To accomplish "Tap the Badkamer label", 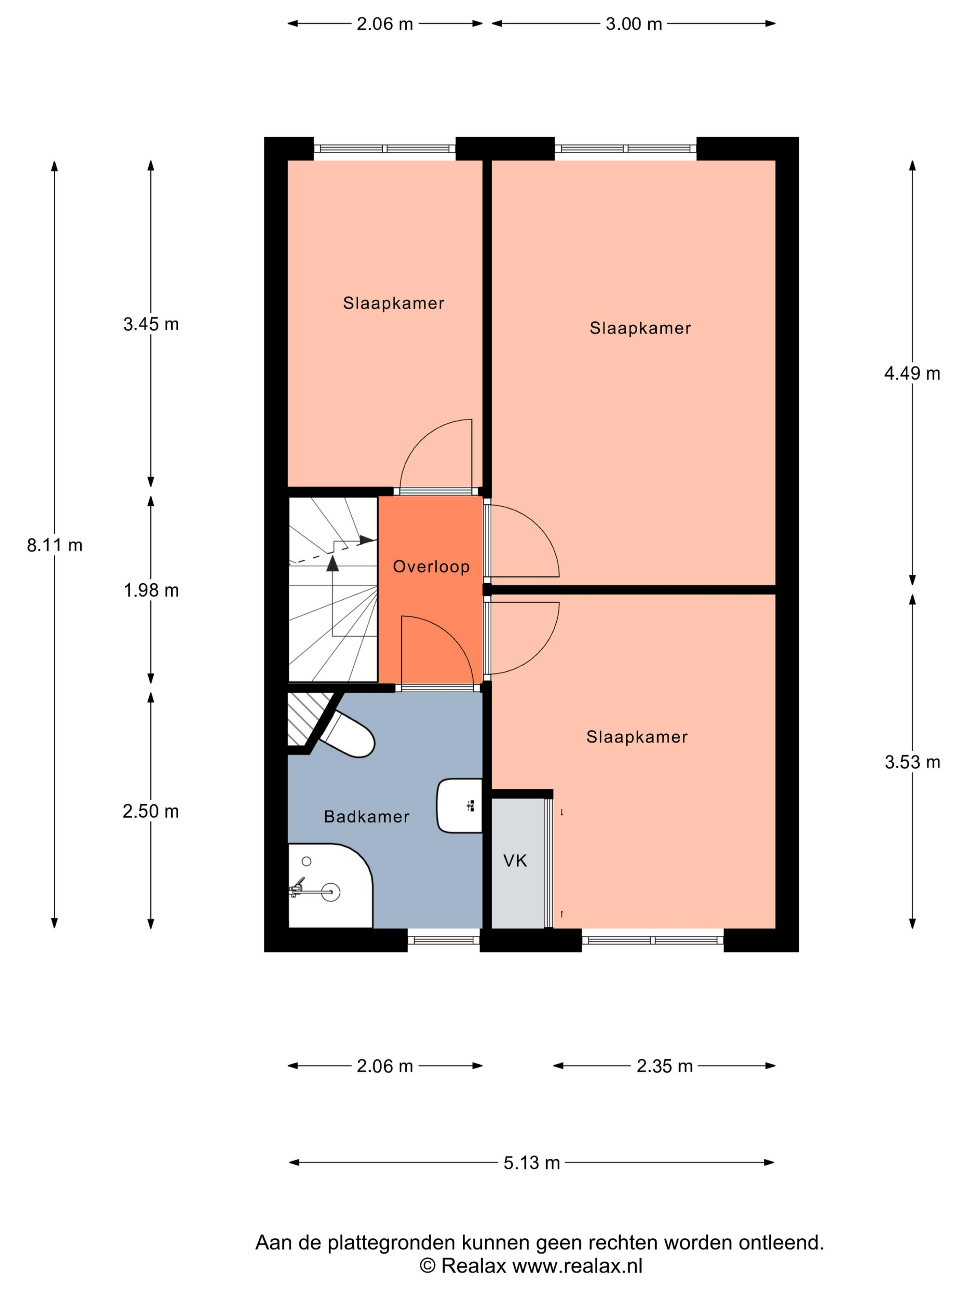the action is click(x=366, y=816).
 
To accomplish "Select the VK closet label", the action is click(x=515, y=860).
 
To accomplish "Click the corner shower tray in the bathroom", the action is click(x=330, y=885).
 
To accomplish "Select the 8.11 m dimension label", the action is click(x=55, y=545).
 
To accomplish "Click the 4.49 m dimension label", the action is click(x=912, y=373).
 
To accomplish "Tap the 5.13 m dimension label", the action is click(x=531, y=1162).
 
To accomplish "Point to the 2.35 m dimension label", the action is click(x=664, y=1066).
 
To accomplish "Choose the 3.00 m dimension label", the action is click(x=634, y=24).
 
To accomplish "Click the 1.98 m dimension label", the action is click(x=151, y=590).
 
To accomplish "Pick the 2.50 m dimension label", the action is click(x=151, y=811).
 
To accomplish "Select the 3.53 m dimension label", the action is click(x=912, y=762).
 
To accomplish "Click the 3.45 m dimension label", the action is click(x=151, y=324).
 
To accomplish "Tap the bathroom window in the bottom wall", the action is click(x=443, y=939).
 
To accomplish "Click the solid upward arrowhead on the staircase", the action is click(x=332, y=563).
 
